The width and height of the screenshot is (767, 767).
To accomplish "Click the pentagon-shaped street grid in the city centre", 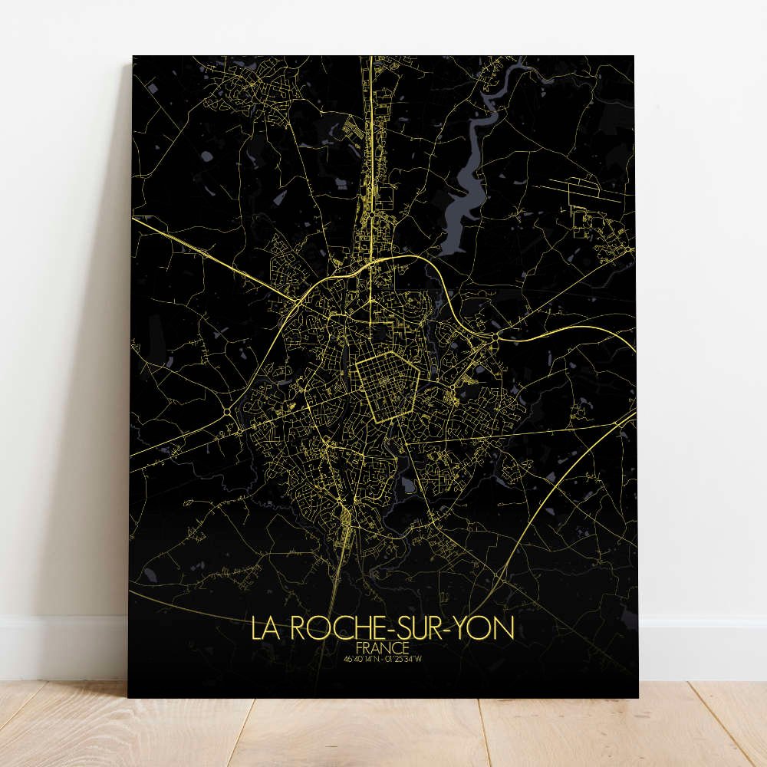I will pyautogui.click(x=388, y=387).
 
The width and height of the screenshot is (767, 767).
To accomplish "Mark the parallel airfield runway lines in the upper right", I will pyautogui.click(x=587, y=189).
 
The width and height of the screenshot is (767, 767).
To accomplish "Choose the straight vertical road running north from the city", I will pyautogui.click(x=370, y=153).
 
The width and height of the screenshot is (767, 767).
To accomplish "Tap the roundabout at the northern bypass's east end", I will pyautogui.click(x=496, y=336).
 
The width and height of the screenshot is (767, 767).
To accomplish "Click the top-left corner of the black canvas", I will pyautogui.click(x=133, y=56).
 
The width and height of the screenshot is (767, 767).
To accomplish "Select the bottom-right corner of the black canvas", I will pyautogui.click(x=637, y=696).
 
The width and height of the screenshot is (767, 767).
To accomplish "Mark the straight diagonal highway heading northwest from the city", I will pyautogui.click(x=215, y=253).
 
